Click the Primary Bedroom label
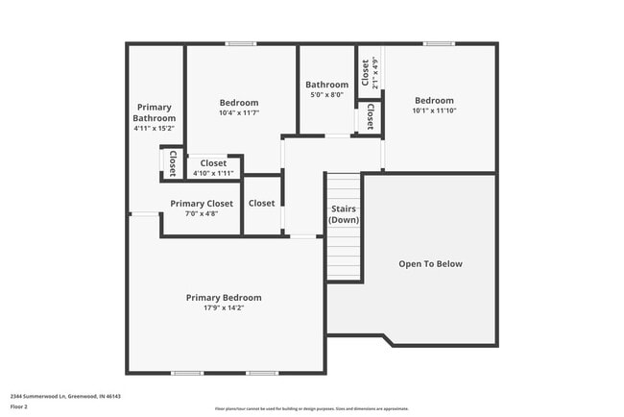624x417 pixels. [x=223, y=298]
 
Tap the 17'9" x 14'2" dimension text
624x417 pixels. [x=223, y=308]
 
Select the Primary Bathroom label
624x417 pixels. [x=155, y=112]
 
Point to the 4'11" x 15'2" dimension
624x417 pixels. [x=155, y=128]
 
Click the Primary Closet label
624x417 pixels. [x=202, y=204]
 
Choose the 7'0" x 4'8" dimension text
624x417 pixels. [x=202, y=213]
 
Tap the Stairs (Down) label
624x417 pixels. [x=344, y=214]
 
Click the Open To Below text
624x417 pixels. [x=430, y=263]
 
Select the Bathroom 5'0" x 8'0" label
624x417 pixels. [x=326, y=85]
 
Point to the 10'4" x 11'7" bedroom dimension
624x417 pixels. [x=239, y=112]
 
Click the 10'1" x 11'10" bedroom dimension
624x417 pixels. [x=434, y=110]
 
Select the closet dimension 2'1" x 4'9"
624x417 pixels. [x=375, y=74]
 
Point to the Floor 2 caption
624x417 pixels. [x=20, y=406]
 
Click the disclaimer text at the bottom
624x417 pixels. [x=311, y=408]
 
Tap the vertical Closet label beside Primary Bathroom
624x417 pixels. [x=173, y=162]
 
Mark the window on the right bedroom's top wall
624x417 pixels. [x=439, y=43]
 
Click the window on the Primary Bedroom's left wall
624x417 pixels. [x=144, y=214]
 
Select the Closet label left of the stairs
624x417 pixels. [x=261, y=204]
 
